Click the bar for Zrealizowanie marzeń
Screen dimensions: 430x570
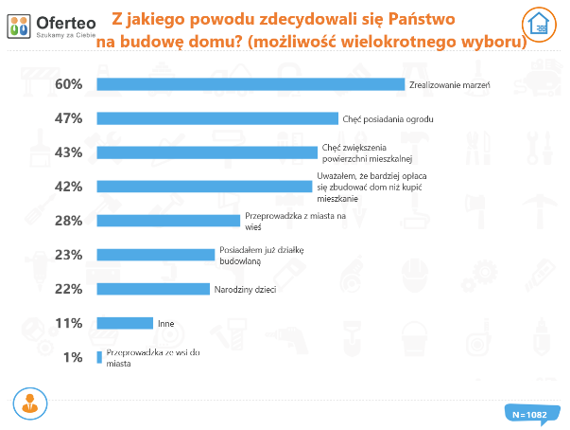(250, 84)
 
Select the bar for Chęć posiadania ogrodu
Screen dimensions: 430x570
(217, 118)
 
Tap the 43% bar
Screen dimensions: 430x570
(207, 152)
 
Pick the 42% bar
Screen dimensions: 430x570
(204, 187)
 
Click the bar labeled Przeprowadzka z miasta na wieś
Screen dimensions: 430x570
(168, 221)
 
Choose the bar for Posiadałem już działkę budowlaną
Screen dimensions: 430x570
(156, 255)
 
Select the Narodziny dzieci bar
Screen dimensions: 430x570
(153, 289)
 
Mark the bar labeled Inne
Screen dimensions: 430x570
(125, 323)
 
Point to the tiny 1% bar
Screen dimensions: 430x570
(99, 357)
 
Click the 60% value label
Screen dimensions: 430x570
(70, 84)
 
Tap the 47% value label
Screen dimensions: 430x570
(70, 118)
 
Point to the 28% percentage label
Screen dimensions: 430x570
(70, 221)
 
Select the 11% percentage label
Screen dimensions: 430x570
(70, 323)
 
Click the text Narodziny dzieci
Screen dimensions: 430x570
(245, 289)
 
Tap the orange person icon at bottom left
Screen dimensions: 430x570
(28, 403)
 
